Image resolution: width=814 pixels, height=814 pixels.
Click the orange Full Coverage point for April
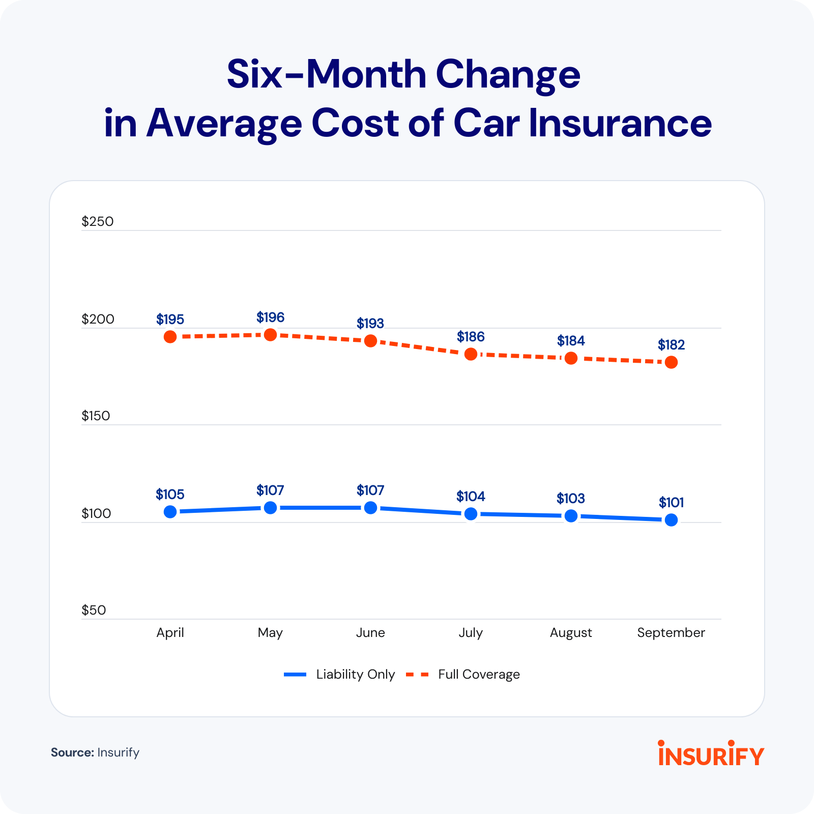point(170,337)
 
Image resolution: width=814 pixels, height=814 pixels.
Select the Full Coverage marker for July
point(471,354)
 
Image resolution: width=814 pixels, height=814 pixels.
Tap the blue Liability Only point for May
point(270,508)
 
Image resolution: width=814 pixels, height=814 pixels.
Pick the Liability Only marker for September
point(671,520)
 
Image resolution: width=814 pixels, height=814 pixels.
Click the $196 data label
point(270,318)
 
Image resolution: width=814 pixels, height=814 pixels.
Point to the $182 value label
point(671,345)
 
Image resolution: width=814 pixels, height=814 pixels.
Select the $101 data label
point(671,503)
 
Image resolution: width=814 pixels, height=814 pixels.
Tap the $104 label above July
point(471,497)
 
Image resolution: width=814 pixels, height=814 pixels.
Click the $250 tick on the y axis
point(98,221)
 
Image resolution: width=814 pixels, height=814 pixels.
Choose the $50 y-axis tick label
point(94,610)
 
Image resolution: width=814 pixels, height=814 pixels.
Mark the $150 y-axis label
point(96,416)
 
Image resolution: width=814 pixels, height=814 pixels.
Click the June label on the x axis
point(370,632)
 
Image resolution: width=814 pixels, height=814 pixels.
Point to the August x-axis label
point(571,633)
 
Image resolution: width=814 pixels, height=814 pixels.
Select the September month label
point(671,633)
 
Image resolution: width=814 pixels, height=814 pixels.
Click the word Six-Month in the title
point(326,75)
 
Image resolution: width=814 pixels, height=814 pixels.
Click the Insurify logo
point(711,754)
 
